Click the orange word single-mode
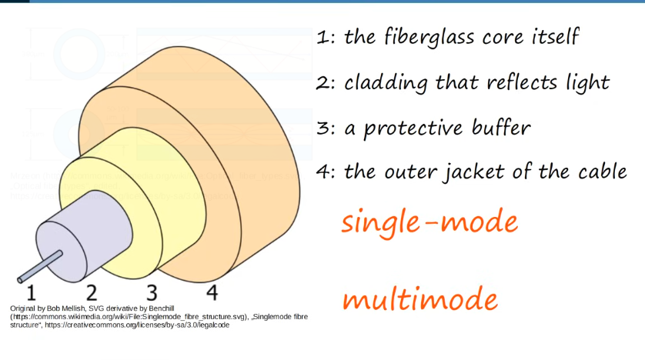click(x=429, y=223)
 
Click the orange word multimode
click(x=419, y=299)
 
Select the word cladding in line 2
click(x=384, y=82)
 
